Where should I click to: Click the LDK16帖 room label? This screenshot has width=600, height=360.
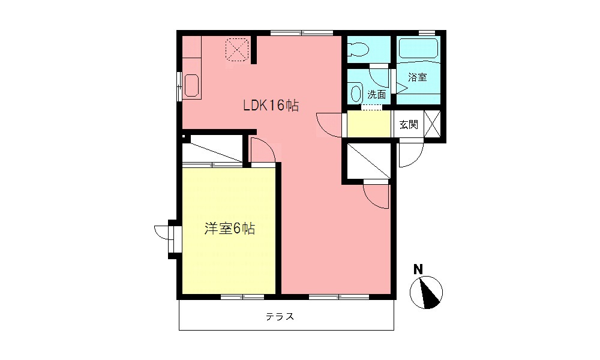pos(271,106)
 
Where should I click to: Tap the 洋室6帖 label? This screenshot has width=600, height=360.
pos(230,229)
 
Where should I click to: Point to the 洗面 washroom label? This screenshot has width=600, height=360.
pos(376,94)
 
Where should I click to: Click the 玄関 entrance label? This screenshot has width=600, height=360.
pos(409,125)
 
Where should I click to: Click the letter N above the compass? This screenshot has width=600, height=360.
pos(418,269)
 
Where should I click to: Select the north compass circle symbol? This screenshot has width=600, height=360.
pos(427,293)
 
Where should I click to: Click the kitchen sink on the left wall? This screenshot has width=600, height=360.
pos(191,85)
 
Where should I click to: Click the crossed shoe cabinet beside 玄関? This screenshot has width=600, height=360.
pos(433,125)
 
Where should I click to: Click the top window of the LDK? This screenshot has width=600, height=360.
pos(301,32)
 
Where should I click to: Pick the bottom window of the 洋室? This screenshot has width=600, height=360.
pos(242,296)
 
